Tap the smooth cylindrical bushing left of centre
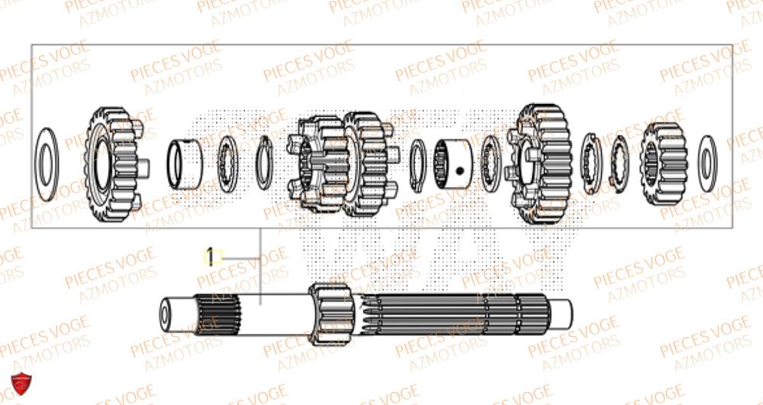pyautogui.click(x=185, y=163)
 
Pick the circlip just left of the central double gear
pyautogui.click(x=264, y=162)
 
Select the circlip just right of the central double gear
pyautogui.click(x=417, y=163)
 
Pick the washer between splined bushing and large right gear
pyautogui.click(x=492, y=162)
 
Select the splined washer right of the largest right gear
pyautogui.click(x=590, y=161)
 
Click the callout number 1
pyautogui.click(x=212, y=256)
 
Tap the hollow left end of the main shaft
pyautogui.click(x=165, y=314)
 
